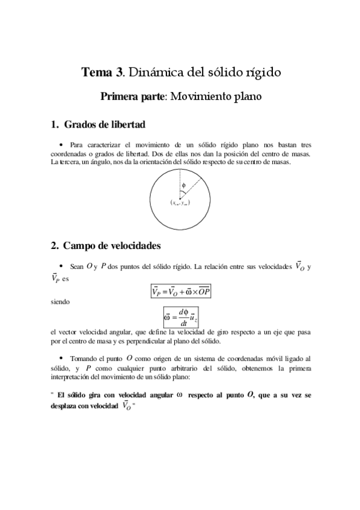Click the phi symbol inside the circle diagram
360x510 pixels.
[183, 185]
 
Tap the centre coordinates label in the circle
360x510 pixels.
[180, 203]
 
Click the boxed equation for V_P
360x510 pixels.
[181, 292]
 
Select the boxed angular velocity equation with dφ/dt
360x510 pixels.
[180, 316]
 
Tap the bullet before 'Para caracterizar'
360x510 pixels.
[62, 145]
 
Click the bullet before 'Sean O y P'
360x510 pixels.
[62, 265]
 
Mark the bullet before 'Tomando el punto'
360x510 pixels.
[62, 357]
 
